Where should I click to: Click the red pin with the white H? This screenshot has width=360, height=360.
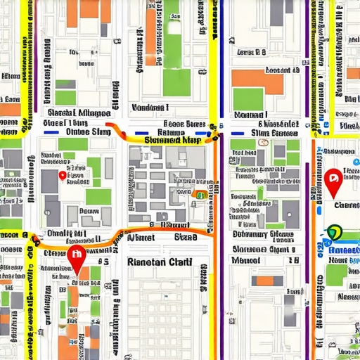coord(76,257)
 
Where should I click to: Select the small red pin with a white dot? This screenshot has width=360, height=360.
coord(63,176)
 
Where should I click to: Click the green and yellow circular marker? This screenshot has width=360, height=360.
coord(334,232)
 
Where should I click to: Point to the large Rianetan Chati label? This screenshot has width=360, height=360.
coord(159,262)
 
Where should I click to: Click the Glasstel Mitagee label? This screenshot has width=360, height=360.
coord(77,113)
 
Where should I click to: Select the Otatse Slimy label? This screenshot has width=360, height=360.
coord(87,131)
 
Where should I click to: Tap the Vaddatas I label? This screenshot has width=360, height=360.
coord(150,108)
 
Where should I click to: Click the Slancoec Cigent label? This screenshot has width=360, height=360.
coord(264,247)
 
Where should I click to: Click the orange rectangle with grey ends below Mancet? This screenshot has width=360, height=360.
coord(264,281)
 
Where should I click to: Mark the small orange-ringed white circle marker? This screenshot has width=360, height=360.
coord(264,142)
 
